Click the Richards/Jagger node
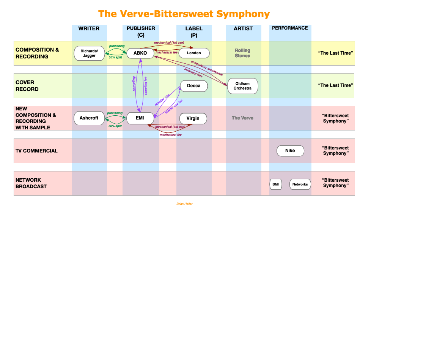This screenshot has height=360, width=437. (x=89, y=53)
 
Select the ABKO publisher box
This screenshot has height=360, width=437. (x=140, y=53)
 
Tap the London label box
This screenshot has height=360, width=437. (x=194, y=53)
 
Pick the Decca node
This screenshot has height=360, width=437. (x=194, y=86)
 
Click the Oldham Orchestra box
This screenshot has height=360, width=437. (x=242, y=86)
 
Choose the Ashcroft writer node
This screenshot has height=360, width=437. (x=89, y=118)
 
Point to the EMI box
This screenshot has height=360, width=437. (x=140, y=118)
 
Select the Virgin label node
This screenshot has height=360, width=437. (x=193, y=118)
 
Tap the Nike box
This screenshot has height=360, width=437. (x=290, y=151)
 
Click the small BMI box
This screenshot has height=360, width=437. (x=276, y=184)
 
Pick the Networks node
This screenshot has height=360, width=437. (x=300, y=184)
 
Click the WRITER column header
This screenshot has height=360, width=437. (x=89, y=28)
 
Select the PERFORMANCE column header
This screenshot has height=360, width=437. (x=290, y=28)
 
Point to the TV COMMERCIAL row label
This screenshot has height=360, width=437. (x=36, y=151)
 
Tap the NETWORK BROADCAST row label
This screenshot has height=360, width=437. (x=31, y=183)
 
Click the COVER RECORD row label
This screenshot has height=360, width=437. (x=27, y=86)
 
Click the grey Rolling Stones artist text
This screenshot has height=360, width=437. (x=242, y=53)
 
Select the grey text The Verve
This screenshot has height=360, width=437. (x=242, y=118)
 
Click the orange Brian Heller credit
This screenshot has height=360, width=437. (x=184, y=204)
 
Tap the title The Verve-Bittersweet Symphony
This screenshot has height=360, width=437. (x=184, y=14)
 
